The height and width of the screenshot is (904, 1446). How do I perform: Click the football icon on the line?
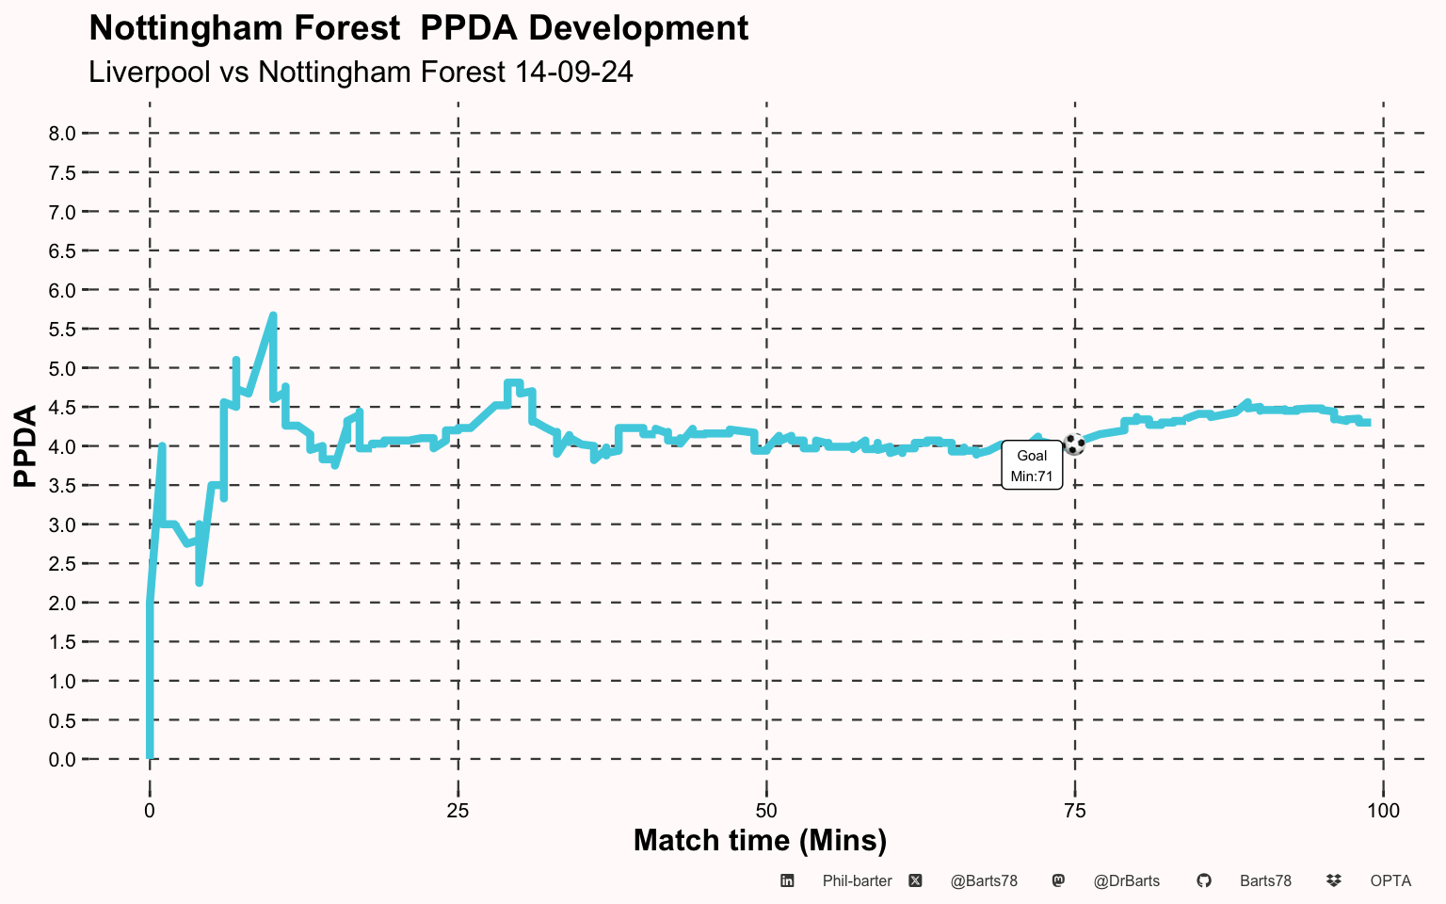[1073, 444]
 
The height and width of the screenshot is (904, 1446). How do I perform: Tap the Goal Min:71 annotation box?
[1032, 465]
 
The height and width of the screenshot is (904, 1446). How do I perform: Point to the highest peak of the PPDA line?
[273, 315]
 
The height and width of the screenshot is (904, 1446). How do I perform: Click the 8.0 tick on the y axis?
[62, 134]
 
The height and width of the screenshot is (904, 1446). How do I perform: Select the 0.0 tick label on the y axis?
[62, 759]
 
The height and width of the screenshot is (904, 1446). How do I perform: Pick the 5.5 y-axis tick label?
[62, 330]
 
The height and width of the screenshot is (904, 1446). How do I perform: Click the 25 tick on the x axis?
[458, 811]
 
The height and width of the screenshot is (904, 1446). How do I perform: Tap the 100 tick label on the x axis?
[1383, 811]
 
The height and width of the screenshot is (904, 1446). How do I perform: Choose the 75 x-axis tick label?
[1075, 811]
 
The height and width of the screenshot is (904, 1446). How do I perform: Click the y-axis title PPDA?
[25, 445]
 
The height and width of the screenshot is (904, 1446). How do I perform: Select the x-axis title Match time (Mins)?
[760, 841]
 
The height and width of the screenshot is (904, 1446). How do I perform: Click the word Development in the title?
[638, 28]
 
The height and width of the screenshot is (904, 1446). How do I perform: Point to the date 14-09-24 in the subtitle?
[574, 72]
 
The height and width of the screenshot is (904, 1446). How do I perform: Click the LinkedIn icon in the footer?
[787, 880]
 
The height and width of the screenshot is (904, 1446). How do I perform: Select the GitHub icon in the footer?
[1203, 880]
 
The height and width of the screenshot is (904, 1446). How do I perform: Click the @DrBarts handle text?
[1127, 881]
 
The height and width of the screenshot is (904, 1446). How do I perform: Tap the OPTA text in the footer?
[1390, 880]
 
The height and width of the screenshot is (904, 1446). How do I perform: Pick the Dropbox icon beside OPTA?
[1334, 880]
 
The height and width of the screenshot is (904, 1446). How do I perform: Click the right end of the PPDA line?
[1370, 423]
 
